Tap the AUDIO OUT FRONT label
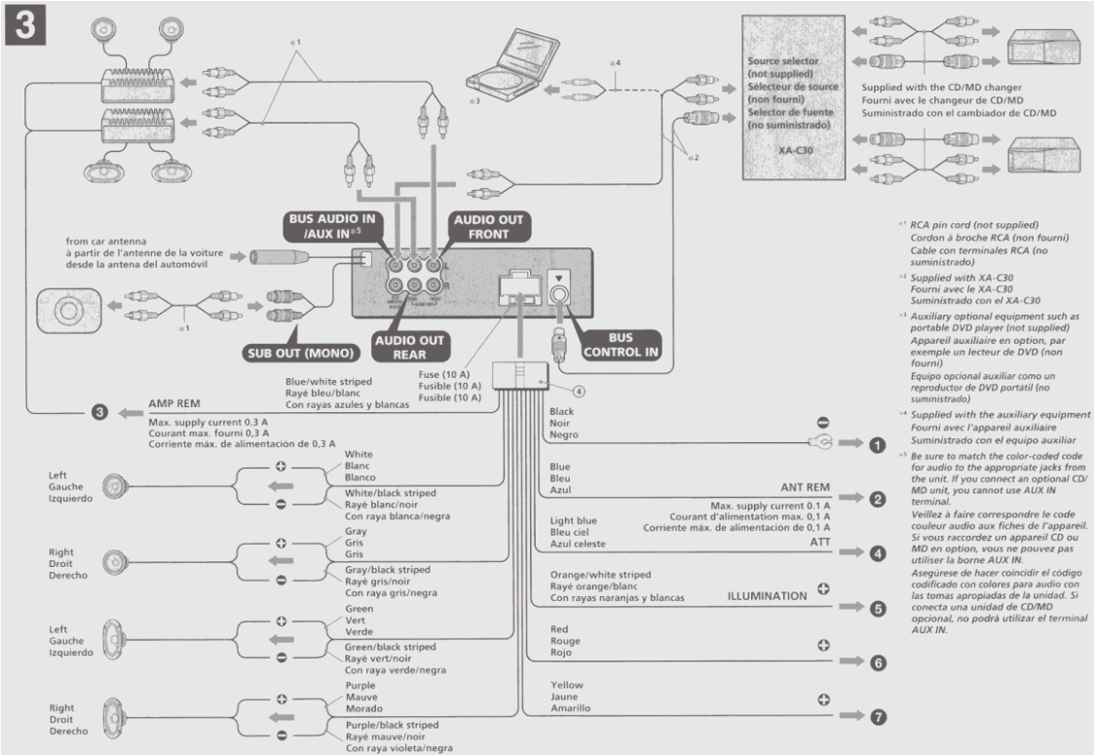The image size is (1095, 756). [488, 227]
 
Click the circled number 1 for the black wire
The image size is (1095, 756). [876, 445]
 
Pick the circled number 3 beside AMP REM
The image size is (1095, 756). [97, 412]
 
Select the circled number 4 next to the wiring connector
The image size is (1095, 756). [577, 393]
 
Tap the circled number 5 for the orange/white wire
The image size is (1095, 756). [877, 608]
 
